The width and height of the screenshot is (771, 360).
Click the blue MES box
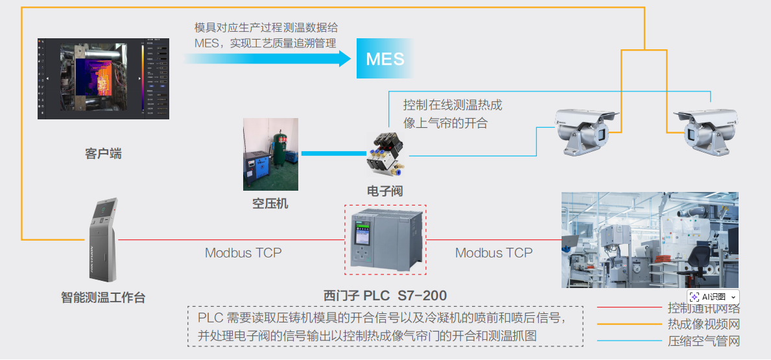[385, 59]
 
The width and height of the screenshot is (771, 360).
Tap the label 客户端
[103, 154]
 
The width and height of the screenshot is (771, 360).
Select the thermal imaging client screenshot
[103, 78]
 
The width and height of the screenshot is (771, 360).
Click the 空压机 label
[270, 204]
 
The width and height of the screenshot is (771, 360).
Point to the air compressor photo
[270, 154]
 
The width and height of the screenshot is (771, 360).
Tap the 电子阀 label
[385, 191]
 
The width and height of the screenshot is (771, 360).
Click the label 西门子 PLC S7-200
[385, 296]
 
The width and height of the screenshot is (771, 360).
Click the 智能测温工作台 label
[103, 298]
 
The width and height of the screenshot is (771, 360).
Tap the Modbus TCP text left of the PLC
[243, 253]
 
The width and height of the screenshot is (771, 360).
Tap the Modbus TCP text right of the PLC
[493, 253]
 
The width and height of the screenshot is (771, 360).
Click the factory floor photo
[649, 239]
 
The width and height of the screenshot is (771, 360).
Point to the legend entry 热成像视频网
[704, 324]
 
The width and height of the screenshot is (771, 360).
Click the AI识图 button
[713, 296]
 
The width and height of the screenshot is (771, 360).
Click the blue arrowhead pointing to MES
[344, 59]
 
